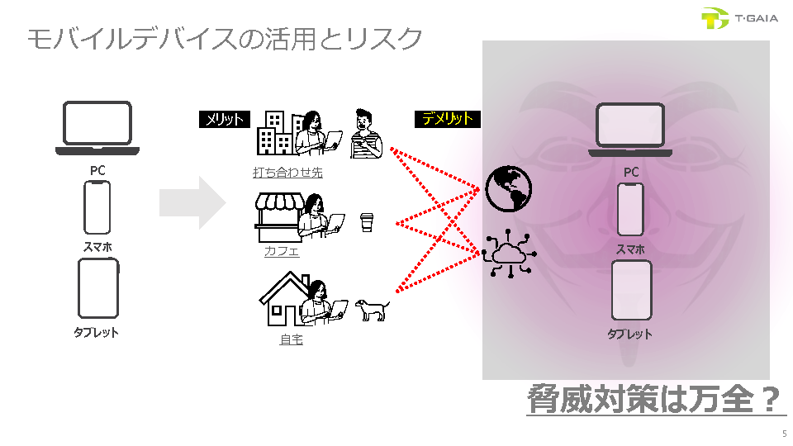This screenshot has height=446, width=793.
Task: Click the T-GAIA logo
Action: click(738, 19)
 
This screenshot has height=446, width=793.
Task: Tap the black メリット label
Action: click(224, 120)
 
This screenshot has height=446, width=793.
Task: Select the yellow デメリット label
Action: click(447, 119)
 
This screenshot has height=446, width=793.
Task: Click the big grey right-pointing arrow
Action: click(192, 202)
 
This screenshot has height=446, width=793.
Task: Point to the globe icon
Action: click(508, 187)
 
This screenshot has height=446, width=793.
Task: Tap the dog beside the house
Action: click(373, 310)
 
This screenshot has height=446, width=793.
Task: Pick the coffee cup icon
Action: click(368, 222)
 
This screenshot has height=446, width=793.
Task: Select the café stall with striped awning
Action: click(275, 216)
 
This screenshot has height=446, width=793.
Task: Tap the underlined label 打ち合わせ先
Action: click(287, 173)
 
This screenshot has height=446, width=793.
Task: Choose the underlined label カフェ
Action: click(282, 251)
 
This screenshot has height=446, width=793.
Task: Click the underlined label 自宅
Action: click(291, 339)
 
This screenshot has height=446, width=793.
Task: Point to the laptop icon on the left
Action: click(97, 128)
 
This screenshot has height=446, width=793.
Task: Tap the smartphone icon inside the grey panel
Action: click(630, 210)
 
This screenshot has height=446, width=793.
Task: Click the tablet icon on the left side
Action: click(97, 288)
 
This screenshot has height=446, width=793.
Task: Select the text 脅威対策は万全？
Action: click(654, 400)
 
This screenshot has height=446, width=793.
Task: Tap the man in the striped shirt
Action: click(365, 134)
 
